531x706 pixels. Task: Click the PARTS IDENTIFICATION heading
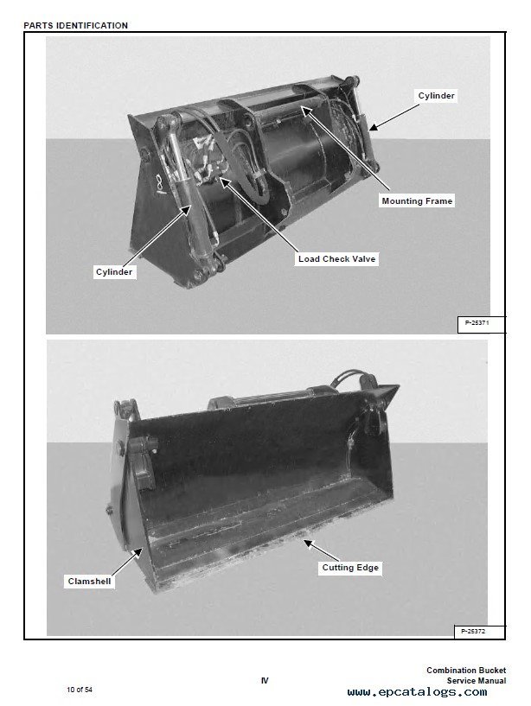pyautogui.click(x=76, y=26)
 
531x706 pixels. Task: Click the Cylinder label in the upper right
pyautogui.click(x=436, y=95)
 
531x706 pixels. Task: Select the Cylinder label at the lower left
pyautogui.click(x=114, y=272)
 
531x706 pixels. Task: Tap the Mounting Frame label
pyautogui.click(x=417, y=200)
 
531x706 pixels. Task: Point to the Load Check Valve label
pyautogui.click(x=336, y=259)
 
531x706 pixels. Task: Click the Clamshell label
pyautogui.click(x=89, y=582)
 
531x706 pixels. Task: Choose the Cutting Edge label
pyautogui.click(x=350, y=568)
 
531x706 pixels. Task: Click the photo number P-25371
pyautogui.click(x=477, y=323)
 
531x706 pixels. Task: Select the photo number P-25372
pyautogui.click(x=473, y=632)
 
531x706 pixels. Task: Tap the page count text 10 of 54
pyautogui.click(x=80, y=690)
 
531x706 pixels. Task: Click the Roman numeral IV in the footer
pyautogui.click(x=265, y=681)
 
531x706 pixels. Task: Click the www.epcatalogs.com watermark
pyautogui.click(x=417, y=692)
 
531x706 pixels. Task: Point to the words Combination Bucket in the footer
pyautogui.click(x=466, y=671)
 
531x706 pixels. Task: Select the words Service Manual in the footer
pyautogui.click(x=476, y=681)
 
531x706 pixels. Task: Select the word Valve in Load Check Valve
pyautogui.click(x=364, y=259)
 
